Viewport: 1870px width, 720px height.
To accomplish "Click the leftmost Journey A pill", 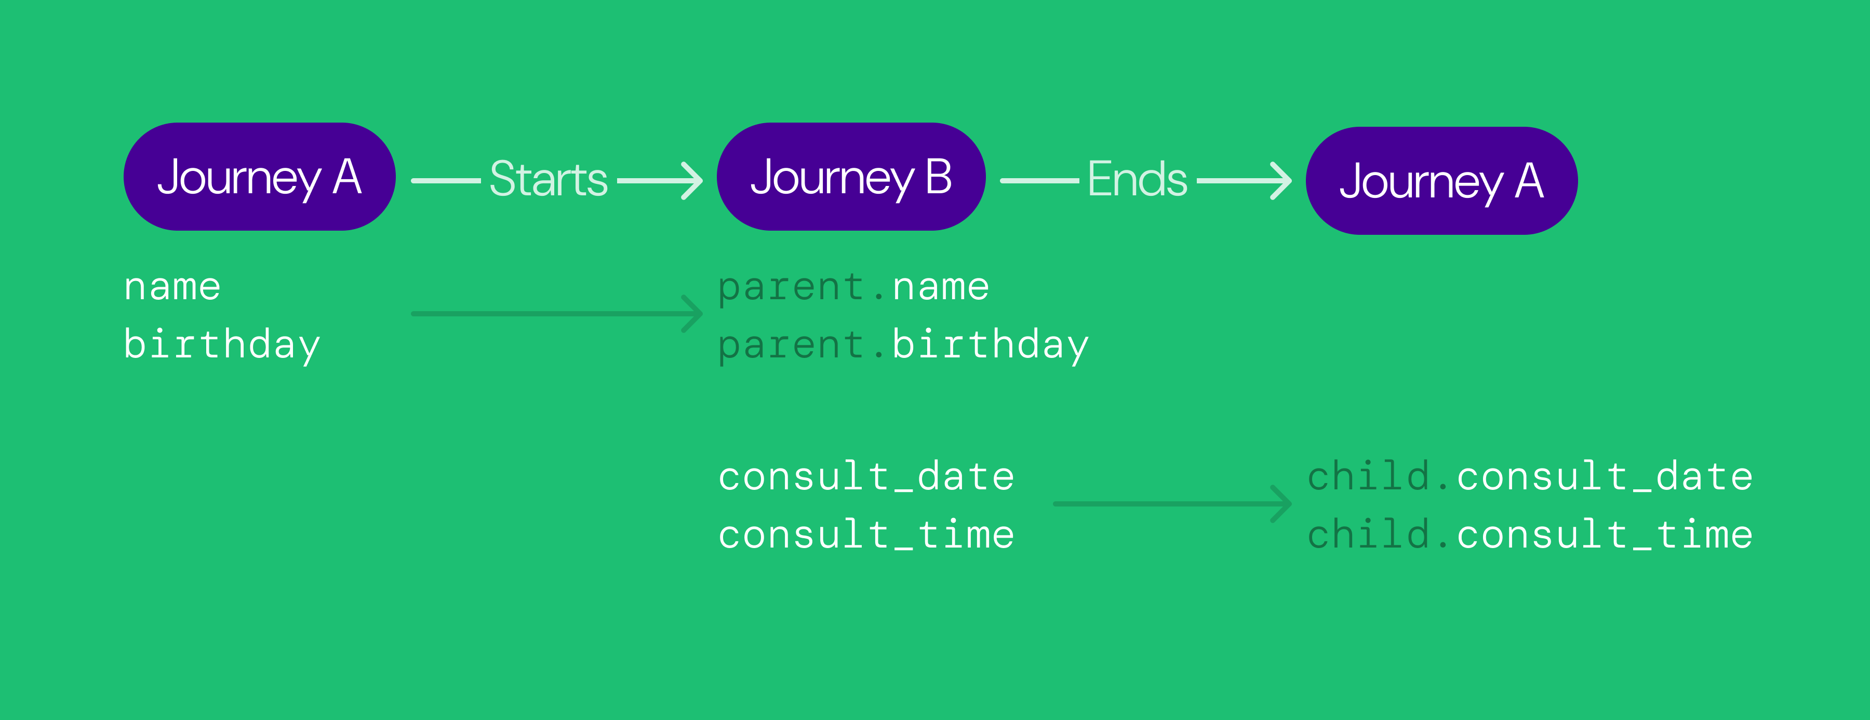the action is tap(259, 177).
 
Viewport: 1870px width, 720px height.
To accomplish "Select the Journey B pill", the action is tap(851, 177).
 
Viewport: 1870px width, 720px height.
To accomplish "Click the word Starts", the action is tap(548, 179).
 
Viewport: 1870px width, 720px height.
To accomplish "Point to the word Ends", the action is tap(1137, 179).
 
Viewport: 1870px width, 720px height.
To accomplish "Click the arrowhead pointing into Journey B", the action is tap(693, 180).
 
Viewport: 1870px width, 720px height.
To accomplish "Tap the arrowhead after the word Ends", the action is tap(1281, 180).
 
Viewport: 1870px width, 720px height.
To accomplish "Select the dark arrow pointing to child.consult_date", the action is tap(1172, 503).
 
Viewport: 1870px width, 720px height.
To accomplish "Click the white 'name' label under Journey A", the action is tap(172, 287).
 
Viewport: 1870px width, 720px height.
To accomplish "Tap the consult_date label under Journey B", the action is tap(866, 477).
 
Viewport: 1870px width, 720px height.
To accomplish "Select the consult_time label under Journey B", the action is tap(866, 535).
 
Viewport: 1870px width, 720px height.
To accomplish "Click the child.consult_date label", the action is tap(1530, 476).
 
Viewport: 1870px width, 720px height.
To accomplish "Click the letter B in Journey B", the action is tap(939, 177).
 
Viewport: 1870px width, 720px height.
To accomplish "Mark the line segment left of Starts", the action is tap(446, 180).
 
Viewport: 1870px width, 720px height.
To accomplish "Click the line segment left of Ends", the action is tap(1039, 180).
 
